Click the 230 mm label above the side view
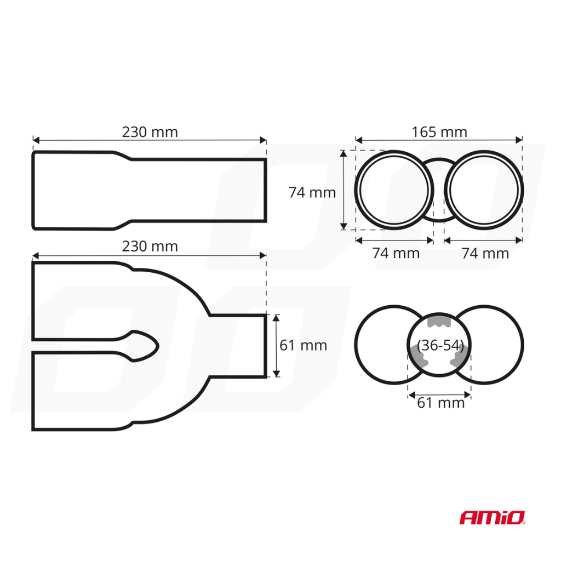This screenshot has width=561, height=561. pos(150,132)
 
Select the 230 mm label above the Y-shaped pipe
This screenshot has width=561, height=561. pos(150,247)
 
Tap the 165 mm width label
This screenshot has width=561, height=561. pos(439,132)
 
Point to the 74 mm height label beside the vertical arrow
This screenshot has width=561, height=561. pos(312,192)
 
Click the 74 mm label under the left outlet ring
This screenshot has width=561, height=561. pos(396,253)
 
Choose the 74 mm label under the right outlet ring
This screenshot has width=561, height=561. pos(485,253)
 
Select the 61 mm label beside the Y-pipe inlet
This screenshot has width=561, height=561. pos(303,346)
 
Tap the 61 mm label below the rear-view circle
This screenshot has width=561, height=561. pos(440,403)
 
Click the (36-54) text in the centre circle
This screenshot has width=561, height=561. pos(440,346)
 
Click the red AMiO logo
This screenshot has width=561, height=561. pos(492,517)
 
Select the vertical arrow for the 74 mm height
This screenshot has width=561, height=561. pos(344,190)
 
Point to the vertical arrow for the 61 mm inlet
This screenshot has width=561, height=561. pos(276,346)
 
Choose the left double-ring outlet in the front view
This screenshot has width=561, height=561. pos(394,190)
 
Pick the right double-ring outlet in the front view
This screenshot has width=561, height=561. pos(484,190)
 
